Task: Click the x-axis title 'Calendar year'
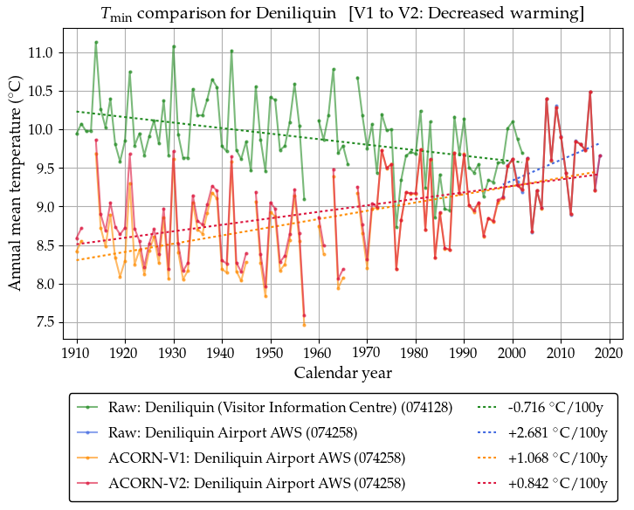(342, 373)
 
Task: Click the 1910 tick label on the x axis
(77, 352)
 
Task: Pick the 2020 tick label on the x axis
(609, 352)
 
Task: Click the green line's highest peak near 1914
(96, 42)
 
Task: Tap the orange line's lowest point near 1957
(304, 325)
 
